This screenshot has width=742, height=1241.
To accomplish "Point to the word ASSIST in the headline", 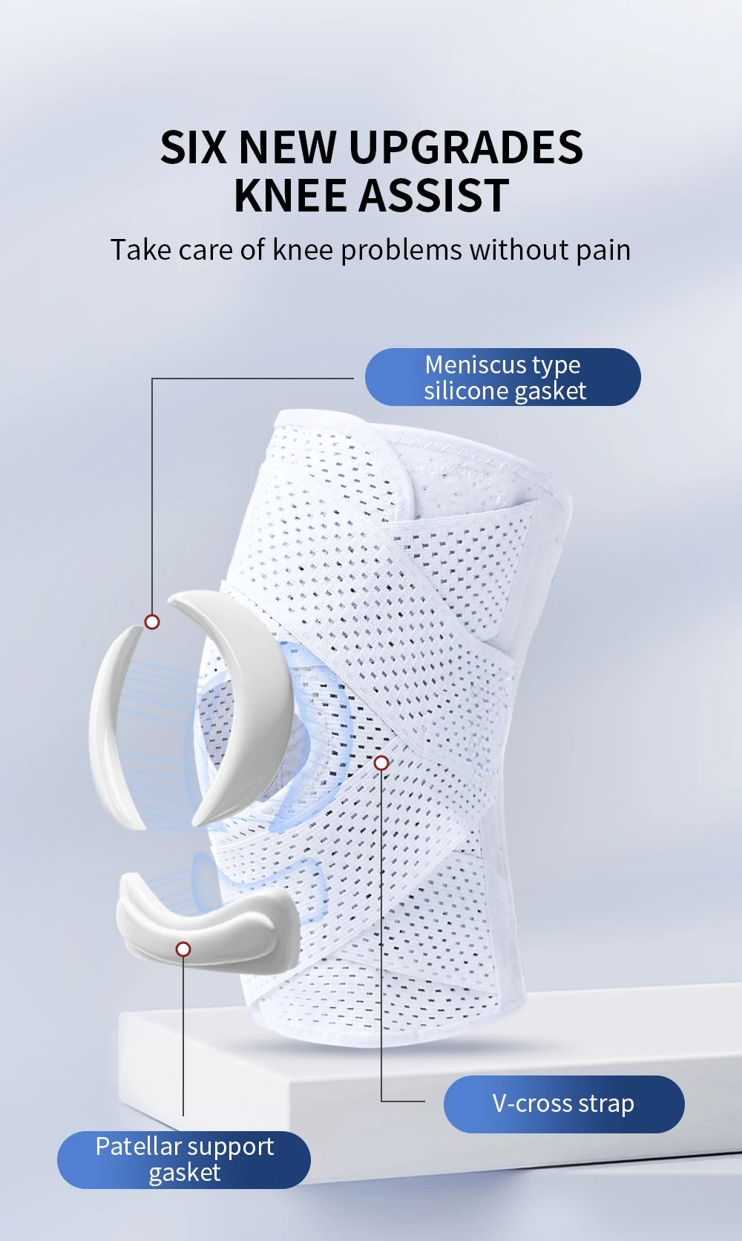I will click(x=435, y=196).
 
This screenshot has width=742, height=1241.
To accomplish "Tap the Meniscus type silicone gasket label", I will click(x=503, y=377).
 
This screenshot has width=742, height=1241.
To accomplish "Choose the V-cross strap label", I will click(x=563, y=1104).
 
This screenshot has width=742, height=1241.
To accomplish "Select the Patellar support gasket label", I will click(x=184, y=1159).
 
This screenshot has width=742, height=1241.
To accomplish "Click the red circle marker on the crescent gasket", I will click(x=152, y=622).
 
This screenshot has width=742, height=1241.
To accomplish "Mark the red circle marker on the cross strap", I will click(x=381, y=763).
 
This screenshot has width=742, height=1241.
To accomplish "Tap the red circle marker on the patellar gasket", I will click(x=183, y=949).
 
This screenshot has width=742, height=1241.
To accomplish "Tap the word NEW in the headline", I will click(x=286, y=147).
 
